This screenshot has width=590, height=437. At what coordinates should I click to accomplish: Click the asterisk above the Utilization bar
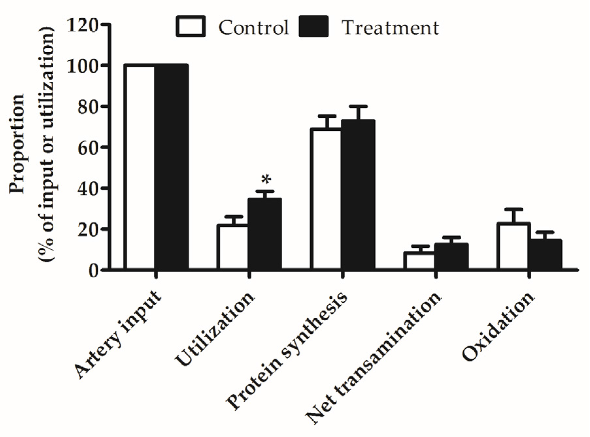pyautogui.click(x=266, y=180)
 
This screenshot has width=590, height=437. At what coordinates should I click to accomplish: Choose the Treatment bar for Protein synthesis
pyautogui.click(x=358, y=195)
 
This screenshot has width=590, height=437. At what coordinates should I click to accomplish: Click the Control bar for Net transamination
pyautogui.click(x=419, y=261)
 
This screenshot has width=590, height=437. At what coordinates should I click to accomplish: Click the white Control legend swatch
pyautogui.click(x=191, y=26)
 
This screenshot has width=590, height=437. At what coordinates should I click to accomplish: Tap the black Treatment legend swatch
pyautogui.click(x=314, y=26)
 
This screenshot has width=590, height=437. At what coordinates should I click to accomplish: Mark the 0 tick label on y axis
pyautogui.click(x=94, y=271)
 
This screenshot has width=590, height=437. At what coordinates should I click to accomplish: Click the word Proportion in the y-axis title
pyautogui.click(x=17, y=144)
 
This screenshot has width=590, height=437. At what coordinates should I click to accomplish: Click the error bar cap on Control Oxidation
pyautogui.click(x=513, y=209)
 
